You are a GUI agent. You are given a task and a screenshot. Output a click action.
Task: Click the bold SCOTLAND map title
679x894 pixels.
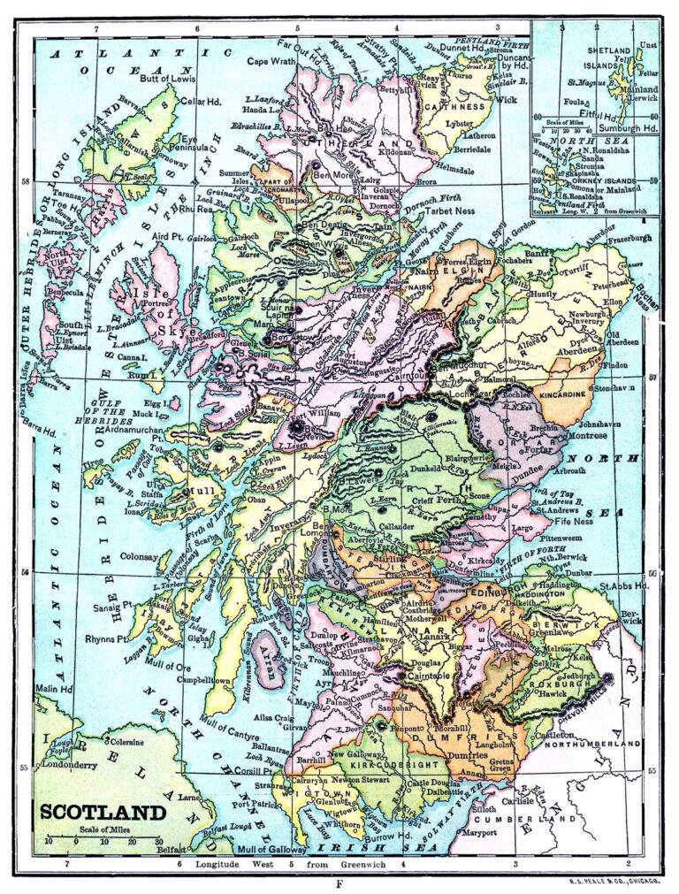click(x=102, y=812)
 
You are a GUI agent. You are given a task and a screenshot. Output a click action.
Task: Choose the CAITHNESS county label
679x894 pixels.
click(x=456, y=106)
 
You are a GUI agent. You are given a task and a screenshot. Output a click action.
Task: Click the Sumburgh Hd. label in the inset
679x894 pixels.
click(x=627, y=128)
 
